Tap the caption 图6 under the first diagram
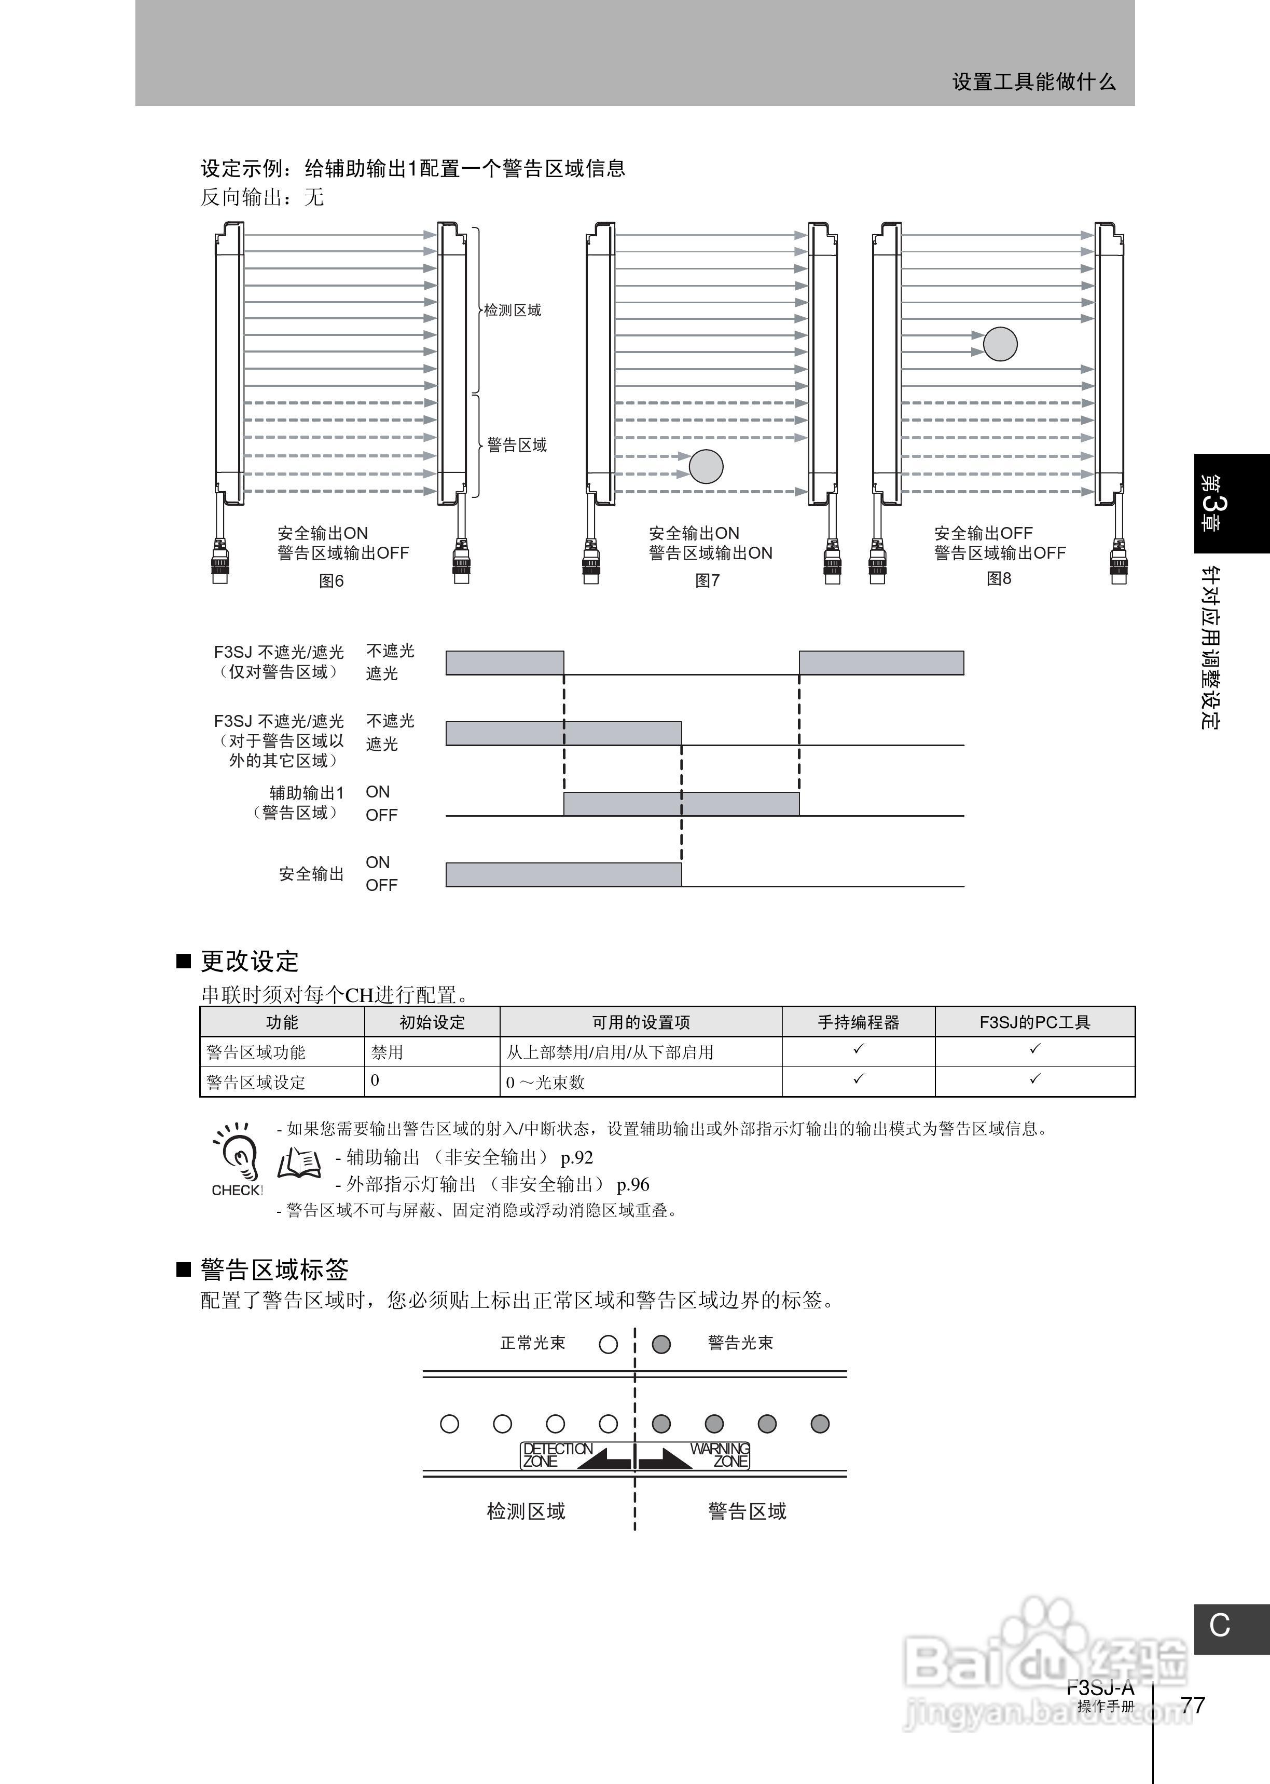332,580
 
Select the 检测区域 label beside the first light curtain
512,310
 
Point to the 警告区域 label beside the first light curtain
517,445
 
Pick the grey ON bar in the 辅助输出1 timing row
681,804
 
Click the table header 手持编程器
858,1022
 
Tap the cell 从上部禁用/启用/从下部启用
610,1052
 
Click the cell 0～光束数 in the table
545,1082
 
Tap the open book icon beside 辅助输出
299,1164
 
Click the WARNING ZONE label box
720,1455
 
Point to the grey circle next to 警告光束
661,1344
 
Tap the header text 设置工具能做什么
1033,82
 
